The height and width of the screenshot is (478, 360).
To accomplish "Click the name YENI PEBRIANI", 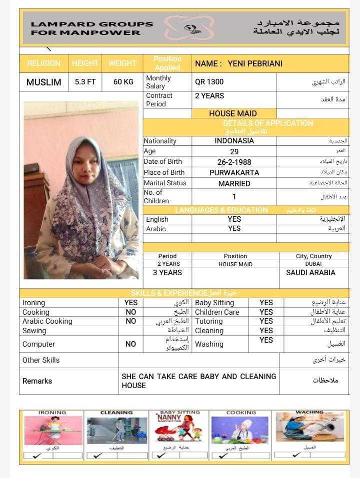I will point(255,63).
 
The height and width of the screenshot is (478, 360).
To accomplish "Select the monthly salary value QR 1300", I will point(209,82).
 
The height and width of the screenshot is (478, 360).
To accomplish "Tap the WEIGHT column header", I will point(122,63).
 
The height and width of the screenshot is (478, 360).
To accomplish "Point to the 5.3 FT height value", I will point(85,82).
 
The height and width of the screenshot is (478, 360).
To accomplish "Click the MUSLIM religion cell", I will point(44,82).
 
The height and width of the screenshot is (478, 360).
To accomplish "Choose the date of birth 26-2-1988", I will point(234,162).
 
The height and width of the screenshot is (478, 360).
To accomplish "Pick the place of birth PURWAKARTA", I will point(234,173).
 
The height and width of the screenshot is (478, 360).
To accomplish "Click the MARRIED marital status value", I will point(234,183).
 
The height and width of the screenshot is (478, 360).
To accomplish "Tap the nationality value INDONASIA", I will point(234,141).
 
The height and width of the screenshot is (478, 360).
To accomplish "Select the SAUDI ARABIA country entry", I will point(310,273).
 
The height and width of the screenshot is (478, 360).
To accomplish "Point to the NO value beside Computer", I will point(130,344).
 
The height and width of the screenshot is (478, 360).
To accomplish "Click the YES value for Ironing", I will point(130,303).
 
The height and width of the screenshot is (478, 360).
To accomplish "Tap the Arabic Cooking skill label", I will point(47,321).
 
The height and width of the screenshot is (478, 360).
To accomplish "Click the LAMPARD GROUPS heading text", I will point(92,24).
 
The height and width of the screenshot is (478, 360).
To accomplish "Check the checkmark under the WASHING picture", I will point(296,455).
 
